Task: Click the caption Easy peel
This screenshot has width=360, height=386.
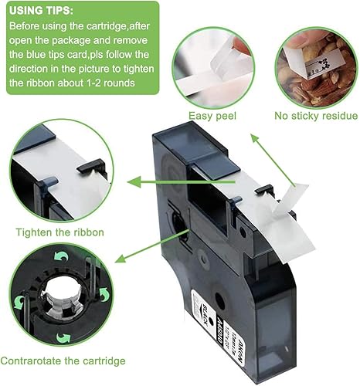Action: (212, 116)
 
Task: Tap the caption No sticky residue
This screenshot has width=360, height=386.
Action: (315, 116)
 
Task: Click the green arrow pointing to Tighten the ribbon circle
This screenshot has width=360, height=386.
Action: (155, 182)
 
